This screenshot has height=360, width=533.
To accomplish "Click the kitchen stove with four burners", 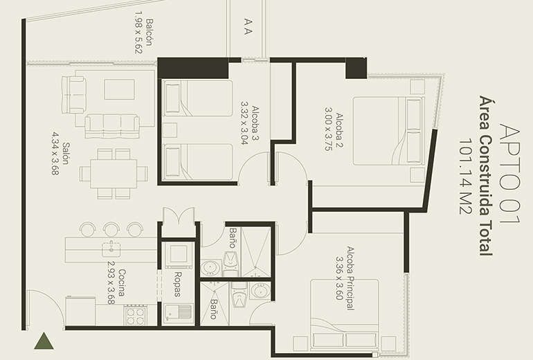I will [x=135, y=315].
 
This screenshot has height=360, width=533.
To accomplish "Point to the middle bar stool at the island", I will [x=111, y=228].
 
